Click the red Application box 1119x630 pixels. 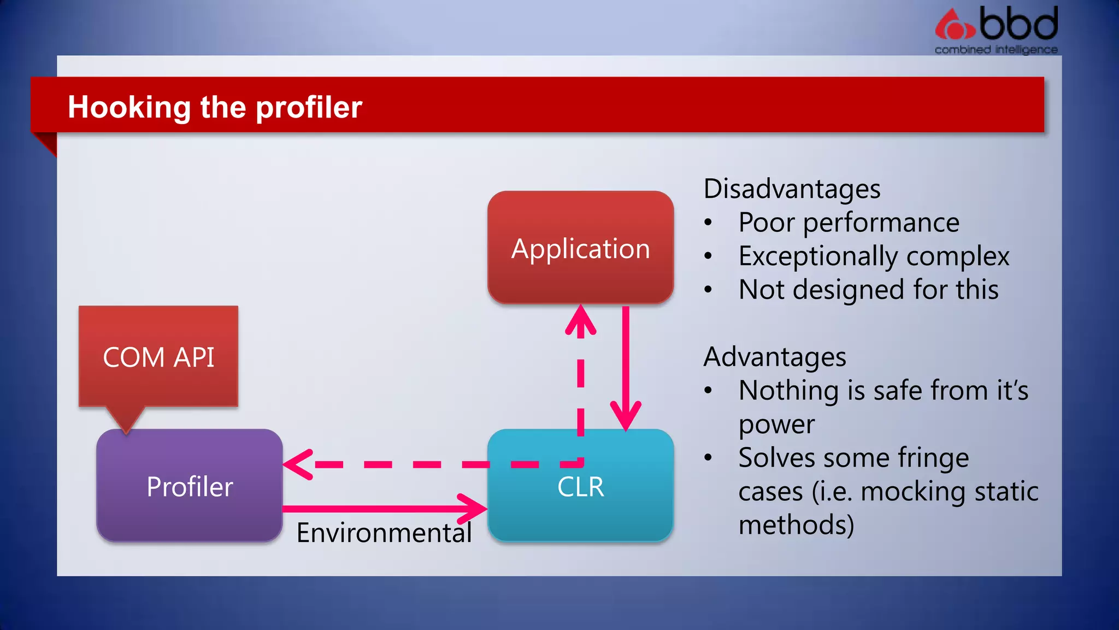[580, 247]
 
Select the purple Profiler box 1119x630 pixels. [189, 486]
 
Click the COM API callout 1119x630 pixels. [158, 357]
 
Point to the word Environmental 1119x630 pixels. [384, 533]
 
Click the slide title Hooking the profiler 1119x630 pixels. [215, 107]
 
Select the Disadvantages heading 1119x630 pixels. [792, 189]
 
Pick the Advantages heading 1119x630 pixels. [774, 357]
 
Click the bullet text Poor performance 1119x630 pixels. [849, 223]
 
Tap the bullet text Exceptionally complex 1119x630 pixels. [873, 256]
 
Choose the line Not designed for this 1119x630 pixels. [868, 290]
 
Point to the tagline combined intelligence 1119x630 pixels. [996, 50]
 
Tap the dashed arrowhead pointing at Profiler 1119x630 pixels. [298, 465]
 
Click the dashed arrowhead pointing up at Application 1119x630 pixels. [580, 320]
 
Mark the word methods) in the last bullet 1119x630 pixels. [796, 525]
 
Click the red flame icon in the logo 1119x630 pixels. [953, 25]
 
